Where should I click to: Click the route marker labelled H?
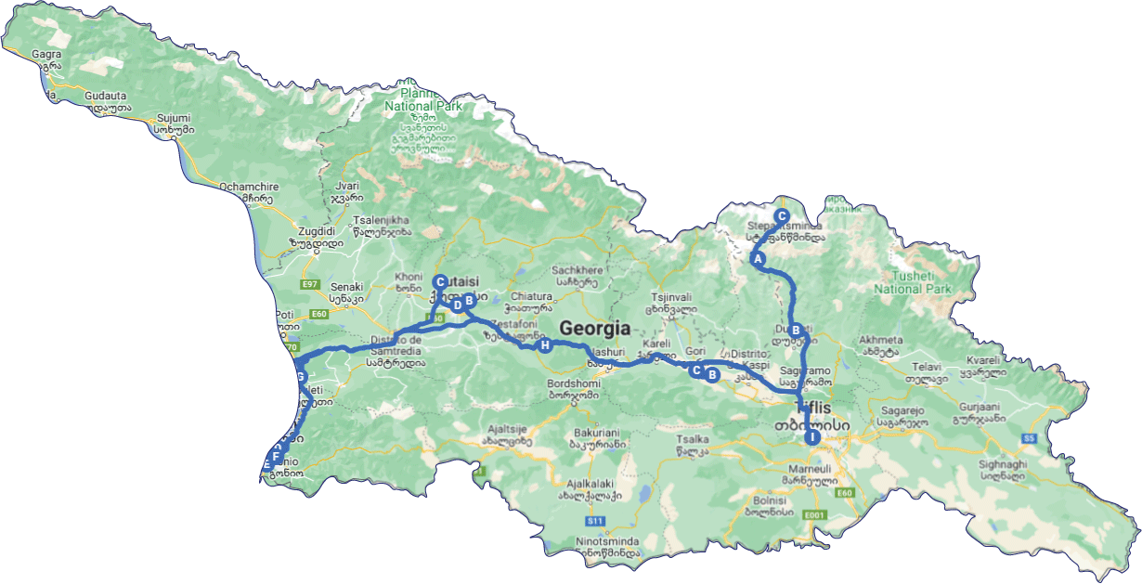(545, 346)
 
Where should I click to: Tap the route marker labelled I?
(812, 436)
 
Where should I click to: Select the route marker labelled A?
(758, 259)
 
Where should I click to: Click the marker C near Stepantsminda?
(782, 215)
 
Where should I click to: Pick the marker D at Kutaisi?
(457, 305)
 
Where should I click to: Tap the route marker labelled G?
(299, 376)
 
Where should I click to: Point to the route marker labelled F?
(277, 455)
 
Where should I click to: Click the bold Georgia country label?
(594, 329)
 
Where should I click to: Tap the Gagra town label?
(45, 55)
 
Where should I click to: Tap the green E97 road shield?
(310, 283)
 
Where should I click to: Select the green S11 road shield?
(596, 521)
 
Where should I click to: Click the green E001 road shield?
(815, 514)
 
